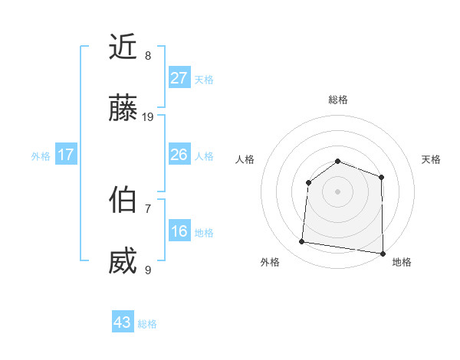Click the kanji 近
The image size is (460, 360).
point(123,47)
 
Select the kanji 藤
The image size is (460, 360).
point(123,110)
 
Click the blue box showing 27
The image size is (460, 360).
point(179,78)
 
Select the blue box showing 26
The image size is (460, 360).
point(179,155)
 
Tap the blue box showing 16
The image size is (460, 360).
point(179,231)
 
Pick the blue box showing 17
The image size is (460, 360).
point(66,155)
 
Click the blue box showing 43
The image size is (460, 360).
point(123,322)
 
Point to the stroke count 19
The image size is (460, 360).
point(148,117)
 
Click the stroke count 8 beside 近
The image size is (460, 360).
point(148,55)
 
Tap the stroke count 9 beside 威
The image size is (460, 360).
point(148,270)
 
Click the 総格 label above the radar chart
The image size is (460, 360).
point(337,100)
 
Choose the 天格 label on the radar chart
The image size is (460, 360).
point(431,159)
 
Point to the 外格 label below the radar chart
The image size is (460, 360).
point(270,262)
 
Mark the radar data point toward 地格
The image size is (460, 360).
point(382,254)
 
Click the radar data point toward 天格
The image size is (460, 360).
point(381,177)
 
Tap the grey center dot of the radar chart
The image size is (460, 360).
point(337,191)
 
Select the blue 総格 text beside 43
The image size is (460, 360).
point(147,324)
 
